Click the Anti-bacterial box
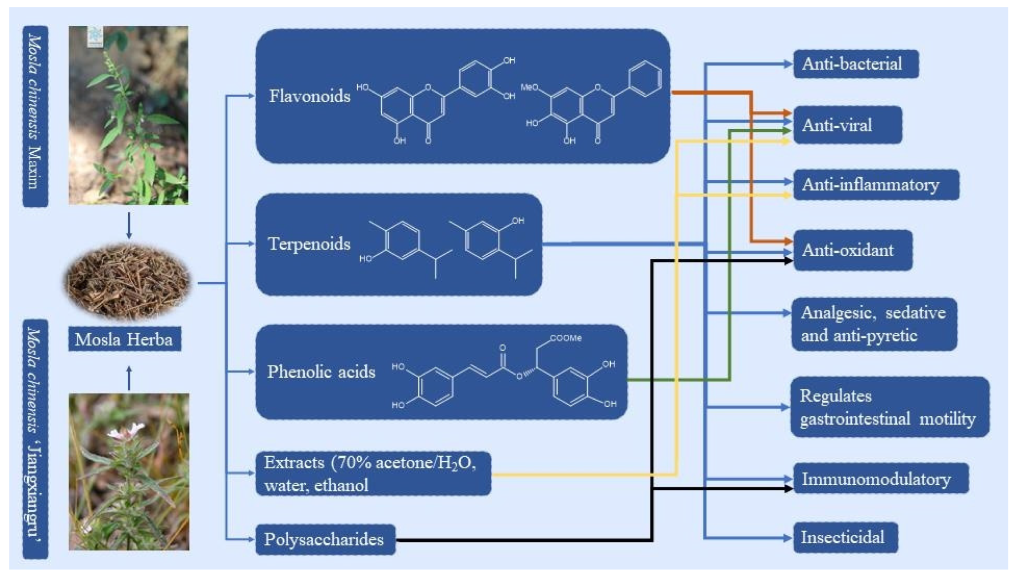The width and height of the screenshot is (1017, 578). [x=855, y=64]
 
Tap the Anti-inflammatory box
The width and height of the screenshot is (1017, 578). [x=875, y=184]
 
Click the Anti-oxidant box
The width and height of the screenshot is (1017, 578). [x=852, y=250]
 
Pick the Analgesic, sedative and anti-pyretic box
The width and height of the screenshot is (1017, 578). [x=873, y=324]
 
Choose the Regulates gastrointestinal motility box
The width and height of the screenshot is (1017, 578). [x=889, y=407]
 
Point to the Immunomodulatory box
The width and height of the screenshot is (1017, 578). [x=880, y=479]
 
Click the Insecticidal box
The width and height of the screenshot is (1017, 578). [x=845, y=537]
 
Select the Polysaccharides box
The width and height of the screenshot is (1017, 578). [x=325, y=540]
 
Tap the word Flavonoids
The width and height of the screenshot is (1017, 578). [x=310, y=96]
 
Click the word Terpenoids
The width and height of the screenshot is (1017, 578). [x=309, y=244]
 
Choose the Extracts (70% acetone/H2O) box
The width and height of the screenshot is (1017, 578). [x=373, y=474]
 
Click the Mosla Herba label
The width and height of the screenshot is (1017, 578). [x=124, y=340]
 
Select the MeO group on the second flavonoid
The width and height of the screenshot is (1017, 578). [x=530, y=88]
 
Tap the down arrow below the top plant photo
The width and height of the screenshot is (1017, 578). [x=129, y=226]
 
